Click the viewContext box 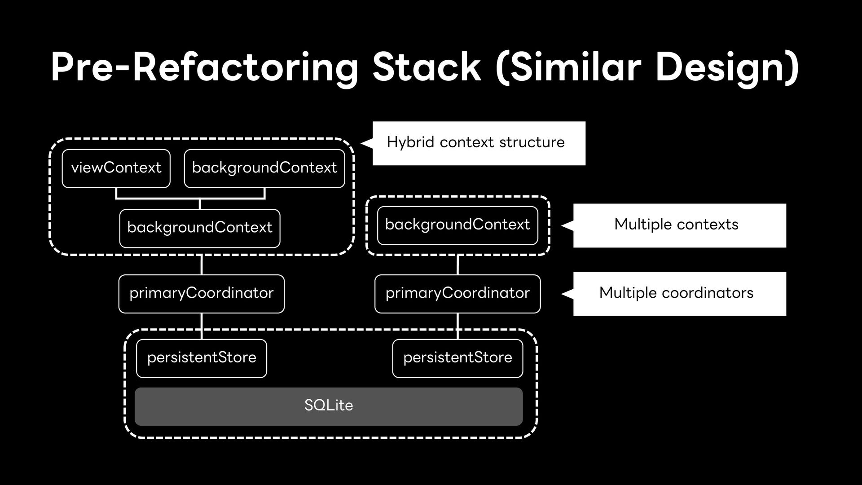click(116, 168)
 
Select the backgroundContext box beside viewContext click(264, 168)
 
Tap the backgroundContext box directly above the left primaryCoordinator click(200, 228)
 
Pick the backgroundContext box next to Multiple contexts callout click(457, 225)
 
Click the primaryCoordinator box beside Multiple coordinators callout click(457, 294)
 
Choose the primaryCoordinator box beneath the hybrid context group click(202, 294)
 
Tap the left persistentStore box click(202, 358)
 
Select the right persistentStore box click(457, 358)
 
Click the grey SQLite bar click(329, 406)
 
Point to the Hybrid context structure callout click(479, 143)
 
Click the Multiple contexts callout click(679, 225)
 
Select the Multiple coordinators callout click(679, 294)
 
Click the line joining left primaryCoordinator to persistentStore click(202, 326)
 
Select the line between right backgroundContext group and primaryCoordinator click(457, 265)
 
